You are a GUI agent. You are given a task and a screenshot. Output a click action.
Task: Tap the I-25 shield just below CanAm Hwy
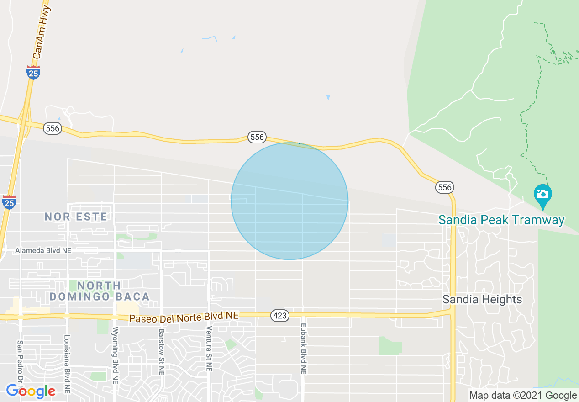click(x=33, y=72)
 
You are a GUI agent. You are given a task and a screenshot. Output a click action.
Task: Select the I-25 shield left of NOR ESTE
click(x=9, y=201)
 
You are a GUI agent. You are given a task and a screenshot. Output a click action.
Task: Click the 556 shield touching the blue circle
click(x=257, y=137)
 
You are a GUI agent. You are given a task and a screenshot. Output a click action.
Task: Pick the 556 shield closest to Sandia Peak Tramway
click(x=445, y=187)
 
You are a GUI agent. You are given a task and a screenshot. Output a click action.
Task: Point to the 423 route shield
click(x=279, y=315)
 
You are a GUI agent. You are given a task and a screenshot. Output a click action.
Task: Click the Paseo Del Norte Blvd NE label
click(x=184, y=317)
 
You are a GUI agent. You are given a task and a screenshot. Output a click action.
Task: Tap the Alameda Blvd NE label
click(x=43, y=250)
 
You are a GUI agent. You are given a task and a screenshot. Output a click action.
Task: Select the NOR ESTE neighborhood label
click(x=76, y=217)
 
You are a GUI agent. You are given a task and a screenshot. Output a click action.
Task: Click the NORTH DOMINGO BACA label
click(x=99, y=291)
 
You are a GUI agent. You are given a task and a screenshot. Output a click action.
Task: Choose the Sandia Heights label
click(x=482, y=299)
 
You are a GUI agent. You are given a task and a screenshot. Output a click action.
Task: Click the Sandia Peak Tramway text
click(x=501, y=220)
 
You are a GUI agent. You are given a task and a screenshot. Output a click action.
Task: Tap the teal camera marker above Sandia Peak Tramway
click(x=542, y=195)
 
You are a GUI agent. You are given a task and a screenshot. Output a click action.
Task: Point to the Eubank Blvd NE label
click(x=303, y=349)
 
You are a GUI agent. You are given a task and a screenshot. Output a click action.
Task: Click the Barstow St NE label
click(x=161, y=351)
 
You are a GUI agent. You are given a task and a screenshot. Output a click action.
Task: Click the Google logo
click(x=31, y=391)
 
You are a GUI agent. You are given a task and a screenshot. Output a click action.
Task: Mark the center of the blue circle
click(x=289, y=201)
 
